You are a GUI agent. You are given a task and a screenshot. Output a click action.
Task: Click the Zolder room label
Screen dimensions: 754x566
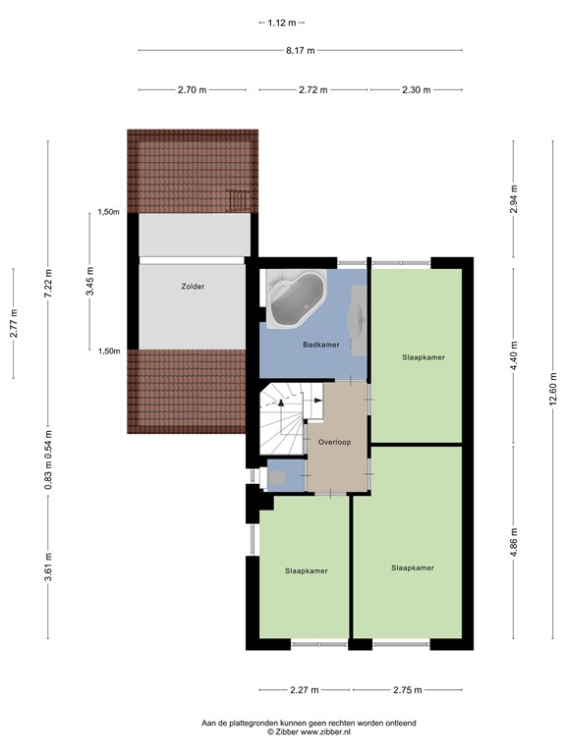192,288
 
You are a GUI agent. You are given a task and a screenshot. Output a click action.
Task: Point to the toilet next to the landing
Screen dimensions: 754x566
278,478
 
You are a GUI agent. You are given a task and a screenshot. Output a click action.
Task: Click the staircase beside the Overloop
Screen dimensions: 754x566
282,412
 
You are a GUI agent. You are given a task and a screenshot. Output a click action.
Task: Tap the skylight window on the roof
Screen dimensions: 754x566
236,199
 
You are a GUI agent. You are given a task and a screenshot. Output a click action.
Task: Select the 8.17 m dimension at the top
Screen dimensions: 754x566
300,50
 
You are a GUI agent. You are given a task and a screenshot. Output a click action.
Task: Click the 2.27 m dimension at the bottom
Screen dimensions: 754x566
305,690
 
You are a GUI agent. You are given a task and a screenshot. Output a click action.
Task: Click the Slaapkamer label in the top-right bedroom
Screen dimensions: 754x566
424,357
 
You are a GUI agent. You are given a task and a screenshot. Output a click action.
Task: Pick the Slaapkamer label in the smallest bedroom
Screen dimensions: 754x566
307,570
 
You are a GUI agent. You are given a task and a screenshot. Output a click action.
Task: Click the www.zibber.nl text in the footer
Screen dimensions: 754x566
323,732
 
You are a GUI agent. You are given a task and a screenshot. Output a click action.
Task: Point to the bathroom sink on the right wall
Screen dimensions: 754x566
360,319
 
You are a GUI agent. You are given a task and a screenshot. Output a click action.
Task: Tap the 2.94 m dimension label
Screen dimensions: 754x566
513,198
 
